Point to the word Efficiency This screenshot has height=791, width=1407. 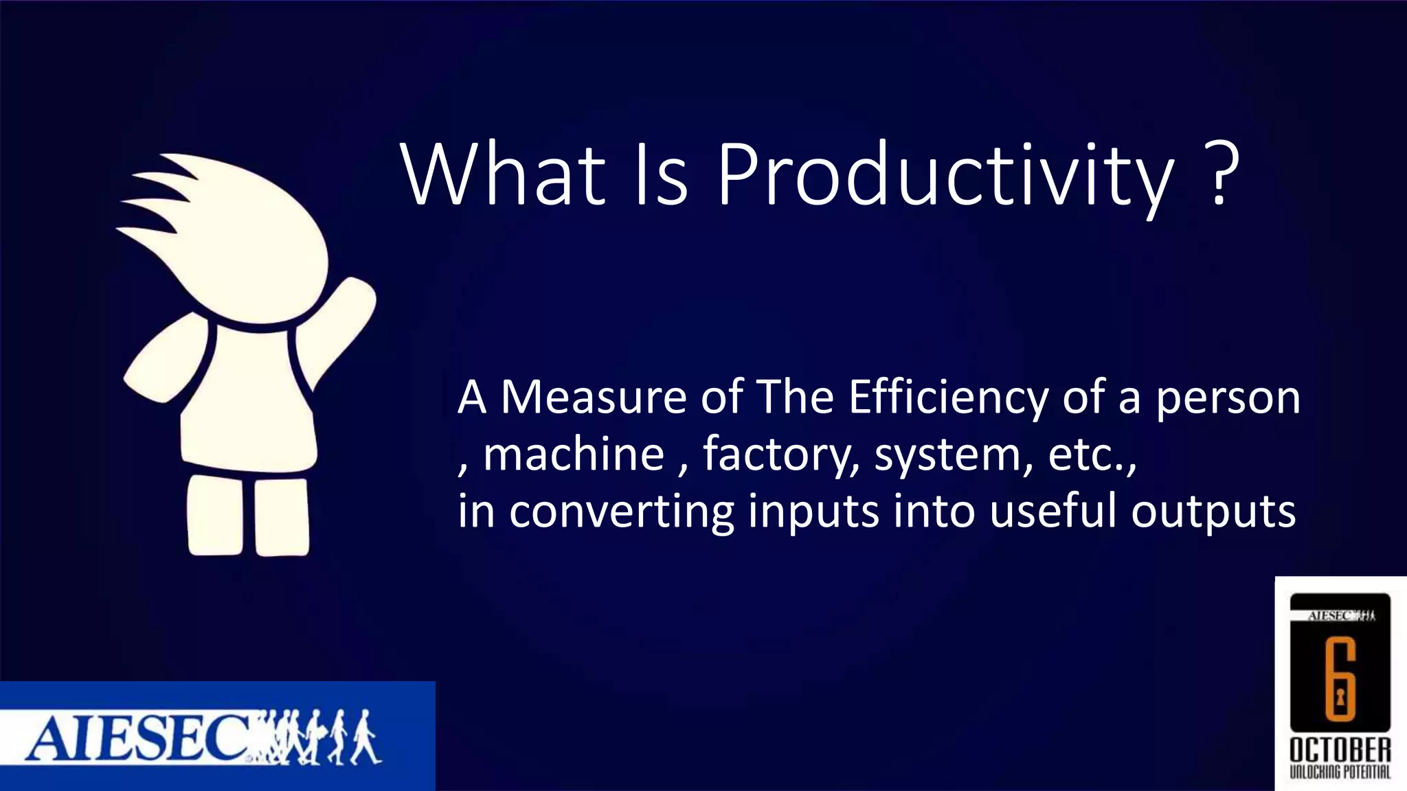click(x=948, y=398)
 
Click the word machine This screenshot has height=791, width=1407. click(x=574, y=455)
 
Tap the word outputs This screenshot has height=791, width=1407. click(x=1213, y=512)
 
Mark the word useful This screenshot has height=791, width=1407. click(x=1053, y=511)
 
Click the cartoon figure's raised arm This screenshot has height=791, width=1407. click(x=344, y=323)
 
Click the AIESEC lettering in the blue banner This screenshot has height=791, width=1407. click(x=137, y=739)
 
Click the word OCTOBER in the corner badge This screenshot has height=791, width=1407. click(x=1340, y=750)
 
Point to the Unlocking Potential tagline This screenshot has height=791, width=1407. click(x=1340, y=772)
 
